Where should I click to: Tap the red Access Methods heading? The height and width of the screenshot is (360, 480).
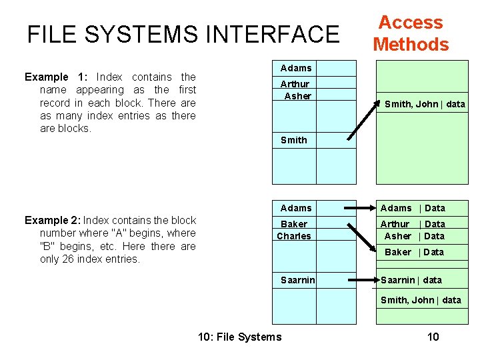click(411, 33)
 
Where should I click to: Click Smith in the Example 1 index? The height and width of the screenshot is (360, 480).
click(294, 140)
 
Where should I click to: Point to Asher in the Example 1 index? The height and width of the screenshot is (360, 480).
click(297, 96)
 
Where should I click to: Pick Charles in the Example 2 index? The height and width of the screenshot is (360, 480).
click(294, 236)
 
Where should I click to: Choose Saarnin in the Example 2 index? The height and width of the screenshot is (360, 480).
click(298, 280)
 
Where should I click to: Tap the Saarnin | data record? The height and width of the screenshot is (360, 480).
click(411, 280)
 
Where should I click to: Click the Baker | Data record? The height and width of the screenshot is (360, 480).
click(414, 252)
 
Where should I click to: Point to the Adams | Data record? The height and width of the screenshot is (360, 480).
click(413, 208)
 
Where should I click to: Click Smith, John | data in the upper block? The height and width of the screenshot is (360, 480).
click(425, 104)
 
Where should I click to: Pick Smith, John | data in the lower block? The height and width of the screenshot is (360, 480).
click(421, 300)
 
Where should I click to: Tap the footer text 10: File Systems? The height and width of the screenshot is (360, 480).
click(240, 337)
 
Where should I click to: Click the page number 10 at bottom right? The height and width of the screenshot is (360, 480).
click(433, 337)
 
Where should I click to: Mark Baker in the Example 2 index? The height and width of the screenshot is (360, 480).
click(294, 224)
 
